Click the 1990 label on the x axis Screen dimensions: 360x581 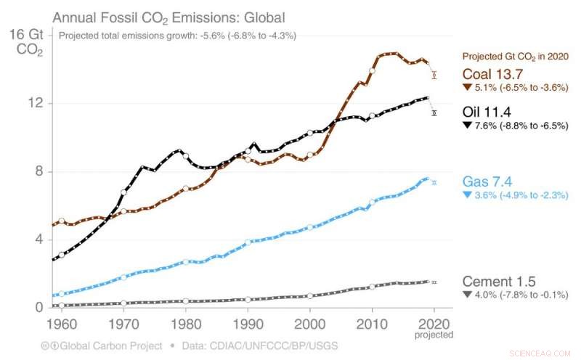248,322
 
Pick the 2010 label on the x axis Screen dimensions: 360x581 372,322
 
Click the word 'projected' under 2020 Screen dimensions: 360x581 434,335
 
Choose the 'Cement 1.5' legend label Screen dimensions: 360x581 500,281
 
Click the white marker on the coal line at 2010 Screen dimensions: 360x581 373,71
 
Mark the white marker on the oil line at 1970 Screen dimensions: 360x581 124,192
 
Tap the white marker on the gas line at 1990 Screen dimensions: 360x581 248,242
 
